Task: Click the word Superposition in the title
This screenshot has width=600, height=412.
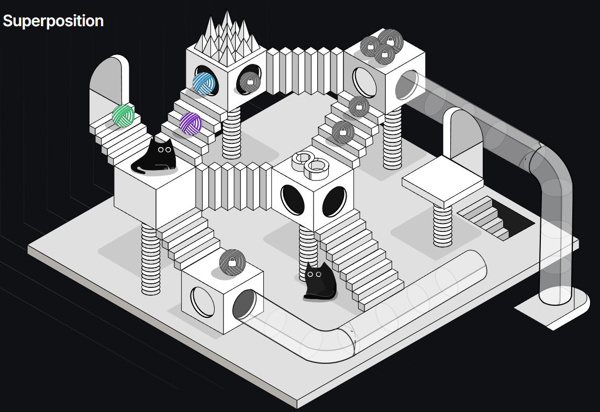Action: click(53, 21)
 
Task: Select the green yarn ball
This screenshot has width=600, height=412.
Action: click(123, 116)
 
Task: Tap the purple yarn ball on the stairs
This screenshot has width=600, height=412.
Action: click(191, 124)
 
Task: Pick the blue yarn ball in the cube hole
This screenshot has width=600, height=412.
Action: click(204, 83)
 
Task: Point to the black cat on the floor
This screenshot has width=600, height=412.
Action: click(320, 282)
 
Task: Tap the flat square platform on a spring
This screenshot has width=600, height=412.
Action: click(442, 181)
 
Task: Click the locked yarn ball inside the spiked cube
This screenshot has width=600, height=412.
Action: click(249, 82)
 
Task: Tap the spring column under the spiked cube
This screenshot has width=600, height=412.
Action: click(231, 133)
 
